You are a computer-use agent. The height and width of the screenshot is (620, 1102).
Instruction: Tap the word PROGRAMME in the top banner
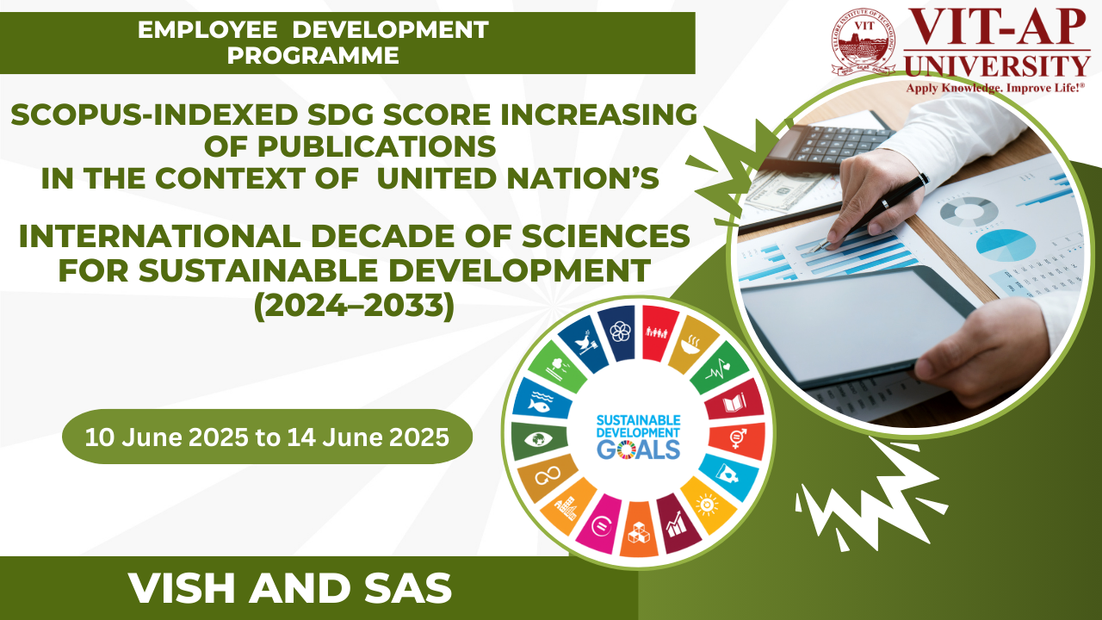[x=313, y=55]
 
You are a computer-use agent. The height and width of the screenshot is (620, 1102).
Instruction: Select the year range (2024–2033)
[x=354, y=306]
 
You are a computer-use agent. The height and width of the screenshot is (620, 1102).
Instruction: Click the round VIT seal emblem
[x=863, y=41]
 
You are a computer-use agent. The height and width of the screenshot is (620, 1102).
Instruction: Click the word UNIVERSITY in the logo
[x=997, y=66]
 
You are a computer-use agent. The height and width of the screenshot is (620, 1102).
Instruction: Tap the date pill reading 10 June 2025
[x=267, y=437]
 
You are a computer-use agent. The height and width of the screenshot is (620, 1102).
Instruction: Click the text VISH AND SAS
[x=290, y=588]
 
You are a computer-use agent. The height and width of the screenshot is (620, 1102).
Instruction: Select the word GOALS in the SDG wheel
[x=639, y=449]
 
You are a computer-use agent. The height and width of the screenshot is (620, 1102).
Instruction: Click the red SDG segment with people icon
[x=657, y=332]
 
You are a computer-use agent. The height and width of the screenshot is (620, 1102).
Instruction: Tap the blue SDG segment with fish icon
[x=540, y=400]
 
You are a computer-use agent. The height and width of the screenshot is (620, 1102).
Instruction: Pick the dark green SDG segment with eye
[x=539, y=439]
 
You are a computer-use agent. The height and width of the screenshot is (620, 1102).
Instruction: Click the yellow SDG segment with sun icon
[x=709, y=504]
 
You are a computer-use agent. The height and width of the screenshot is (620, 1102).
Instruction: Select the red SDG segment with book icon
[x=735, y=401]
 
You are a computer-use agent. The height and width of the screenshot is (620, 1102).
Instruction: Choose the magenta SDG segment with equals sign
[x=600, y=524]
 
